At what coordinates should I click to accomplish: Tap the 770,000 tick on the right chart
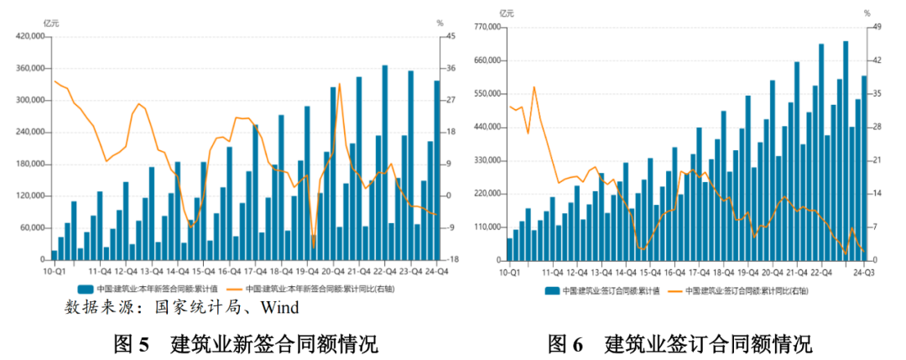484,28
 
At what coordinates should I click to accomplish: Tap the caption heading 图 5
131,343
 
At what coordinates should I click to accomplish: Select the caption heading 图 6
565,343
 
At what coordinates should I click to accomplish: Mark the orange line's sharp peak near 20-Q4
339,84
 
